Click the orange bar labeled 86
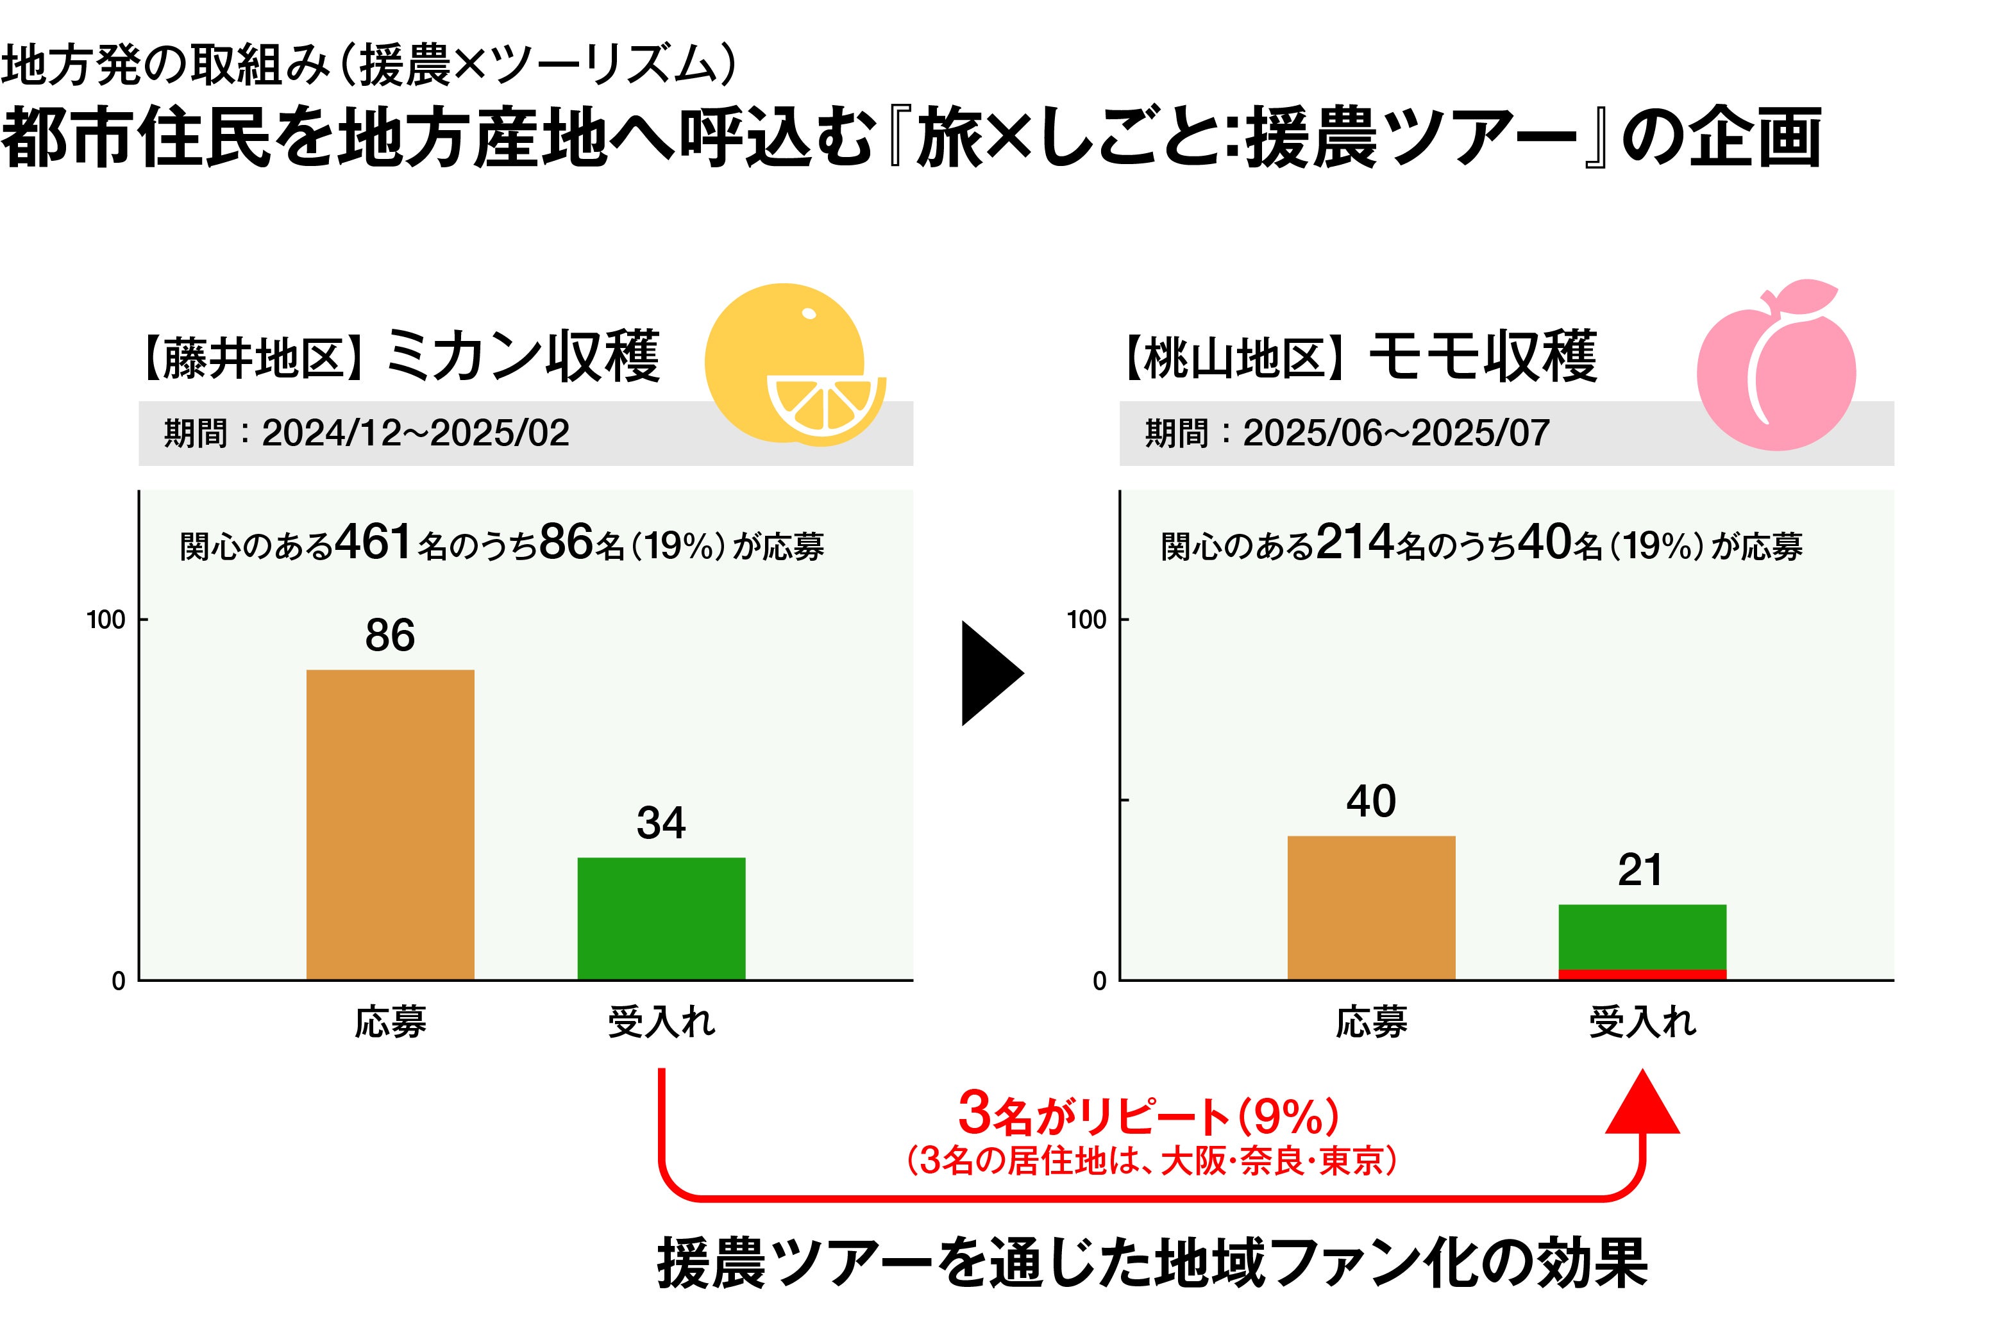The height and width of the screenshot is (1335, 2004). click(390, 824)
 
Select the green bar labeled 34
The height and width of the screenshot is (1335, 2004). click(661, 918)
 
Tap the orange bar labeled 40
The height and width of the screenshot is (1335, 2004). click(1370, 908)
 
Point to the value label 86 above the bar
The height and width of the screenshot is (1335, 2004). click(390, 635)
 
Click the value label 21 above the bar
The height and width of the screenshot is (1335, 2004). click(1640, 870)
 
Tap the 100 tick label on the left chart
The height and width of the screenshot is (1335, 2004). click(106, 620)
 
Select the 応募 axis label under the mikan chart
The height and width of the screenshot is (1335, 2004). click(390, 1022)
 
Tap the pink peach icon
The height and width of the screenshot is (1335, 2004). click(1776, 366)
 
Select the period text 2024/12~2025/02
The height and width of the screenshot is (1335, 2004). click(415, 433)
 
